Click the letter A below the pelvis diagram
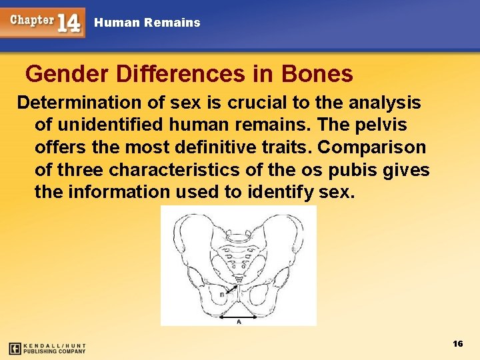pos(239,321)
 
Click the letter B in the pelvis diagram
pos(221,294)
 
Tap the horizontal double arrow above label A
pos(239,313)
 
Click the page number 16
pos(457,343)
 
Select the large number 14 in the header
pos(69,23)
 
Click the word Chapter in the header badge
pos(31,20)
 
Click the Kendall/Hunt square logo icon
pos(15,348)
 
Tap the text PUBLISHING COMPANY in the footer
pos(55,351)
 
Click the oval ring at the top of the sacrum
pos(239,237)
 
